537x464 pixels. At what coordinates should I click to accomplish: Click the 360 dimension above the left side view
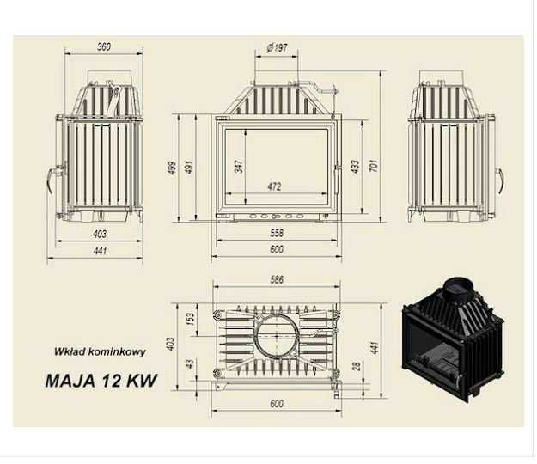point(104,46)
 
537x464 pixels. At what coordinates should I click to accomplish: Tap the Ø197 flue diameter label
point(277,47)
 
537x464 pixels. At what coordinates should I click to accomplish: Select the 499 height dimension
point(173,168)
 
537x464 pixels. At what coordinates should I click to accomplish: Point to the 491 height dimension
point(189,168)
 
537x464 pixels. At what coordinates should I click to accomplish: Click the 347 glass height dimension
point(239,166)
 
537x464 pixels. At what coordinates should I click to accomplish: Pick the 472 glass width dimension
point(274,186)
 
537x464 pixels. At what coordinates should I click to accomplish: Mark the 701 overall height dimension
point(375,165)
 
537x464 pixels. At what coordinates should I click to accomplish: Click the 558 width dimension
point(277,233)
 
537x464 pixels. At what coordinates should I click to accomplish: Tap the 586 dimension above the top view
point(277,280)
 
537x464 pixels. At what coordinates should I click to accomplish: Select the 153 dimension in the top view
point(191,319)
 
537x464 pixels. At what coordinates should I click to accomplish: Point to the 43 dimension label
point(191,363)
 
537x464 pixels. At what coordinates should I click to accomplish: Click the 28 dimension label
point(357,366)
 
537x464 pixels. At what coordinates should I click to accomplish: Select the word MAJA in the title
point(70,381)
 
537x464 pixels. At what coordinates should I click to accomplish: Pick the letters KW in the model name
point(142,381)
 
